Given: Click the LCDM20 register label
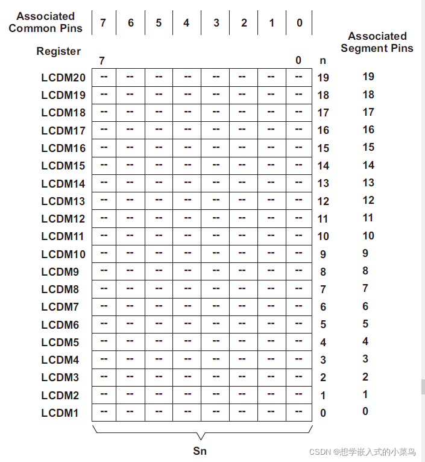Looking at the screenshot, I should coord(63,77).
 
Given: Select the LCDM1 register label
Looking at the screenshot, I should coord(60,413).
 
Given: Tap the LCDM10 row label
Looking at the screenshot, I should coord(63,254).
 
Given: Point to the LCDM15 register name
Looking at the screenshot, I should coord(63,165).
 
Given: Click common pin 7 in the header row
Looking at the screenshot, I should coord(103,23).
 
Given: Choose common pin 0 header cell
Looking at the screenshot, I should coord(300,23).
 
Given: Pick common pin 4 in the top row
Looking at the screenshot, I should coord(186,23).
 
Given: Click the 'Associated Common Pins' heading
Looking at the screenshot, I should coord(46,22).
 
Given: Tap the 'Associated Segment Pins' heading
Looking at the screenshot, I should coord(377,42).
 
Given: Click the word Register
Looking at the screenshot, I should coord(58,51).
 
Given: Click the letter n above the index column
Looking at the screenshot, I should coord(323,60).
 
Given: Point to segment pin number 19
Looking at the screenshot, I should coord(368,77).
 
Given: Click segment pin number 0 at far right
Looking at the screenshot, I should coord(365,411).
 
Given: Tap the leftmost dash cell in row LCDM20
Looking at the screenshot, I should coord(104,77).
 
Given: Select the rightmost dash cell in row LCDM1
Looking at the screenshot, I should coord(298,413).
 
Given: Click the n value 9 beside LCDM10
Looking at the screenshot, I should coord(323,255).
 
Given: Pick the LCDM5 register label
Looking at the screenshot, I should coord(60,343).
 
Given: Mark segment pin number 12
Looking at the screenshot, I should coord(368,200).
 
